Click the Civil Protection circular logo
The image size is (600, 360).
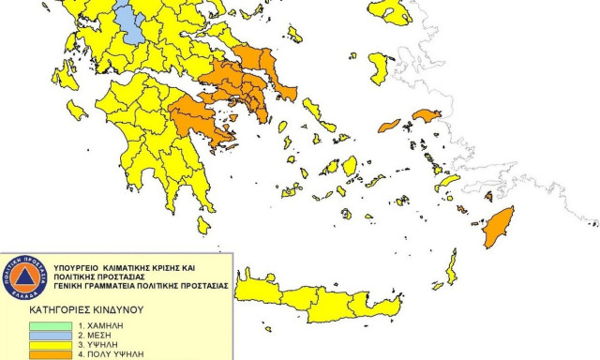[x=24, y=278]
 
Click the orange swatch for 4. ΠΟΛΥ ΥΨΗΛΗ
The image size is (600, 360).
[x=46, y=355]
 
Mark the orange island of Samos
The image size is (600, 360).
[x=427, y=115]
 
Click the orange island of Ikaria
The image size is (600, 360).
[x=388, y=125]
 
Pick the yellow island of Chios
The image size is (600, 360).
[x=380, y=67]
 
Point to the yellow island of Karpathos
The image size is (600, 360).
[x=451, y=267]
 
